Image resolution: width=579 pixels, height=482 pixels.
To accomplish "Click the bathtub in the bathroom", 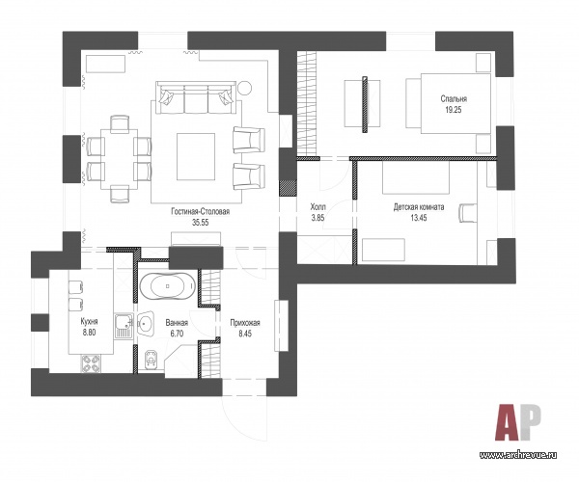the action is coord(167,285).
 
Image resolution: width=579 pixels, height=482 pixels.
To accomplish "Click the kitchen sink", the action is coord(123,326).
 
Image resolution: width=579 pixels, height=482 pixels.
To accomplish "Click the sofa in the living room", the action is coord(196,97).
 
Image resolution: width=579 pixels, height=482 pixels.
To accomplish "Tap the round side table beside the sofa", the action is coord(244,88).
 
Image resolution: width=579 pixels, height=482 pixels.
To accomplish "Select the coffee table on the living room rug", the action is coord(196,156).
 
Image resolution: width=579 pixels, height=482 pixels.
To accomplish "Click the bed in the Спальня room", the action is coord(449,103).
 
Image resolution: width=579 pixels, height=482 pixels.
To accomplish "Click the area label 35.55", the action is coord(201,222).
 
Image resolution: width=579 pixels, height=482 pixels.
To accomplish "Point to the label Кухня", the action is coord(90,321).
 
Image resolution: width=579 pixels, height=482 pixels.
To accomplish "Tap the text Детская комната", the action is coord(419,207).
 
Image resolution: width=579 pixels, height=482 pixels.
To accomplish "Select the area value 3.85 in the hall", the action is coord(317,218).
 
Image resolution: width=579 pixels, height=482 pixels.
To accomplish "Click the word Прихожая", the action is coord(245,323).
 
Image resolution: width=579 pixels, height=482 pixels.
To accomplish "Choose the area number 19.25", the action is coord(454,110).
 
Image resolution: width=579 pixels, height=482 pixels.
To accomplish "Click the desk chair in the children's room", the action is coord(467,213).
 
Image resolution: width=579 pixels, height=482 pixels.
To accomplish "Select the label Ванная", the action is coord(177,323).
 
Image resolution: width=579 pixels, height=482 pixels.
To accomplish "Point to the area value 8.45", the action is coord(245,334).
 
